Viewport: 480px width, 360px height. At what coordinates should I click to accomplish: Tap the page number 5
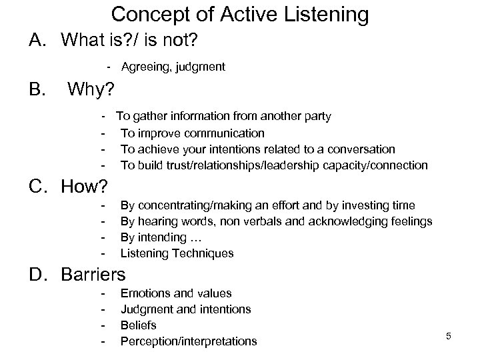pyautogui.click(x=449, y=336)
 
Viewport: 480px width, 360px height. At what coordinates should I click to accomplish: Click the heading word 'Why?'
pyautogui.click(x=91, y=89)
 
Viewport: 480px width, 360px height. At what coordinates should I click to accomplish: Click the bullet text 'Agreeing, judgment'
pyautogui.click(x=173, y=66)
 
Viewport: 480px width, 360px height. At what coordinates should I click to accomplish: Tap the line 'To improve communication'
pyautogui.click(x=193, y=133)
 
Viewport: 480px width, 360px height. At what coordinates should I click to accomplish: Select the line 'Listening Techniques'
pyautogui.click(x=177, y=253)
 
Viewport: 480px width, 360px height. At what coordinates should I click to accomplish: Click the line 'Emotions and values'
pyautogui.click(x=176, y=293)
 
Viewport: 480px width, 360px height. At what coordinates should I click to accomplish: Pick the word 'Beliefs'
pyautogui.click(x=139, y=325)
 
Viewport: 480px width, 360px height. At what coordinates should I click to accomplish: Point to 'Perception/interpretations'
pyautogui.click(x=189, y=341)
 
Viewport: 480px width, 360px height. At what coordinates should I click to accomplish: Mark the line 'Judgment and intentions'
pyautogui.click(x=186, y=309)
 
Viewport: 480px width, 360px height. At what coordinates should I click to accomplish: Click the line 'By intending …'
pyautogui.click(x=163, y=237)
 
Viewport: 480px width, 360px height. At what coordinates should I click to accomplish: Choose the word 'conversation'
pyautogui.click(x=363, y=149)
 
